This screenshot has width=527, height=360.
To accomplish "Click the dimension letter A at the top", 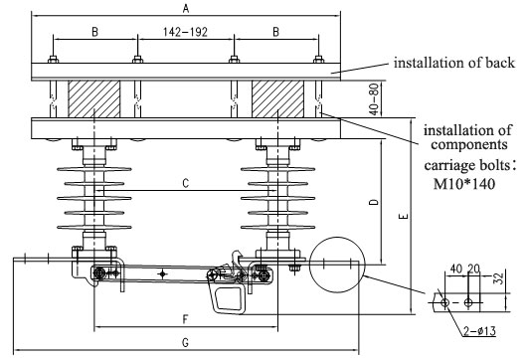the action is (186, 8).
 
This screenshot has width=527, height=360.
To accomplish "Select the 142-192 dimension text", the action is (185, 32).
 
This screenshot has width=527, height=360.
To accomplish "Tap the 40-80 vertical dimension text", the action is (374, 99).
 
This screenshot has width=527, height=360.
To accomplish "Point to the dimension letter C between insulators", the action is (186, 183).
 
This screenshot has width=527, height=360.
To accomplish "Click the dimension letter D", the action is (374, 202).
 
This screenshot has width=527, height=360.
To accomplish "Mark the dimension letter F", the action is (186, 319).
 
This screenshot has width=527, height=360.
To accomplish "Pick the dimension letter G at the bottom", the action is (186, 342).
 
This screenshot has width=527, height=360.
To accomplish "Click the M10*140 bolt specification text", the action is (464, 184).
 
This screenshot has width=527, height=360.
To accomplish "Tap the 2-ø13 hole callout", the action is (479, 331).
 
